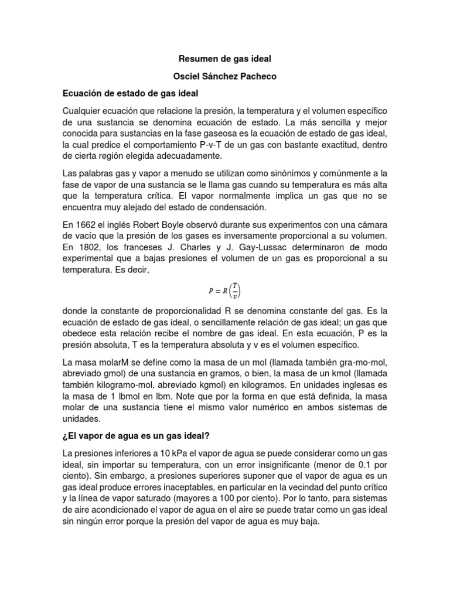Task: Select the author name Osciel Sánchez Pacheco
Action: (225, 76)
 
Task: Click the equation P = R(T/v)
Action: (225, 291)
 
